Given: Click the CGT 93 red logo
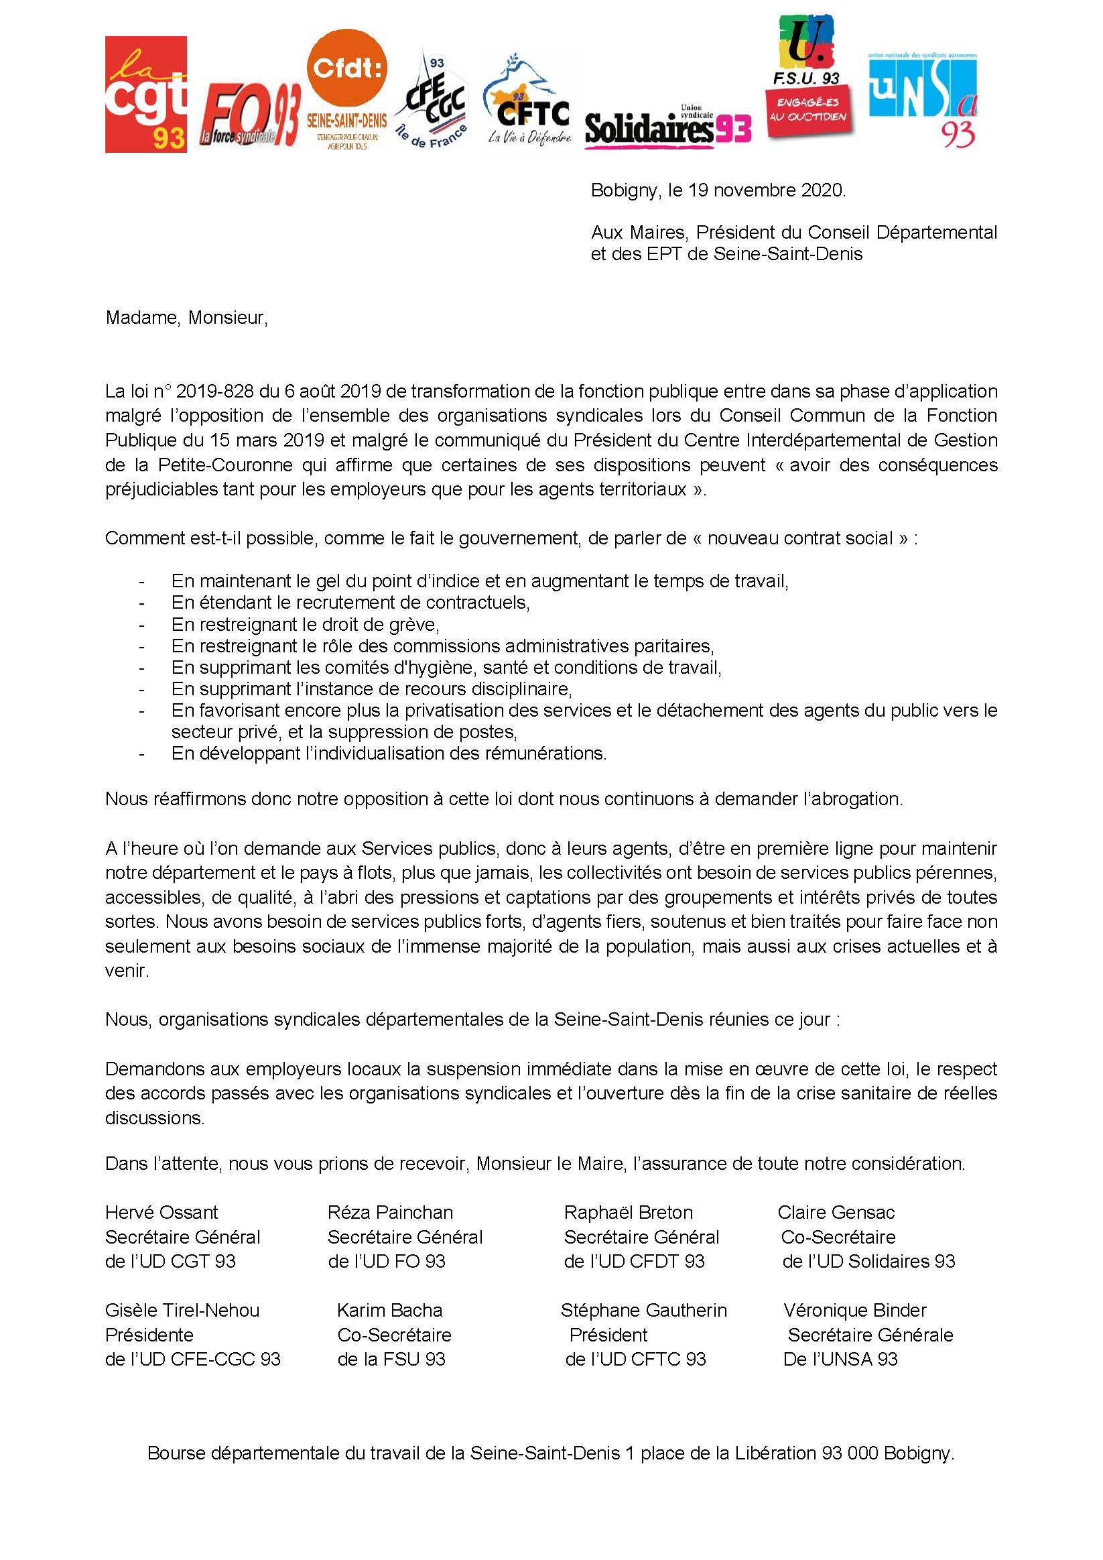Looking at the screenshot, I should point(145,95).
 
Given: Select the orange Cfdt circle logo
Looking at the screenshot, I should point(347,68).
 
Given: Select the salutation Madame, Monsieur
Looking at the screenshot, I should point(187,318).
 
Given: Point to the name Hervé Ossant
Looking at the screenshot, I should point(161,1212).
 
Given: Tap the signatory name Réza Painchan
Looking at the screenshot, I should point(390,1212).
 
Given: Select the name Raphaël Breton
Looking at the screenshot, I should point(629,1212).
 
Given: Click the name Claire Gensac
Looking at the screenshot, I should point(836,1212).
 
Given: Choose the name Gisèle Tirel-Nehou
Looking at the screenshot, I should point(182,1310).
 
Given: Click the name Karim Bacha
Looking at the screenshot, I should point(389,1310).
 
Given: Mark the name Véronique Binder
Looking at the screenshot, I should point(854,1310).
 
